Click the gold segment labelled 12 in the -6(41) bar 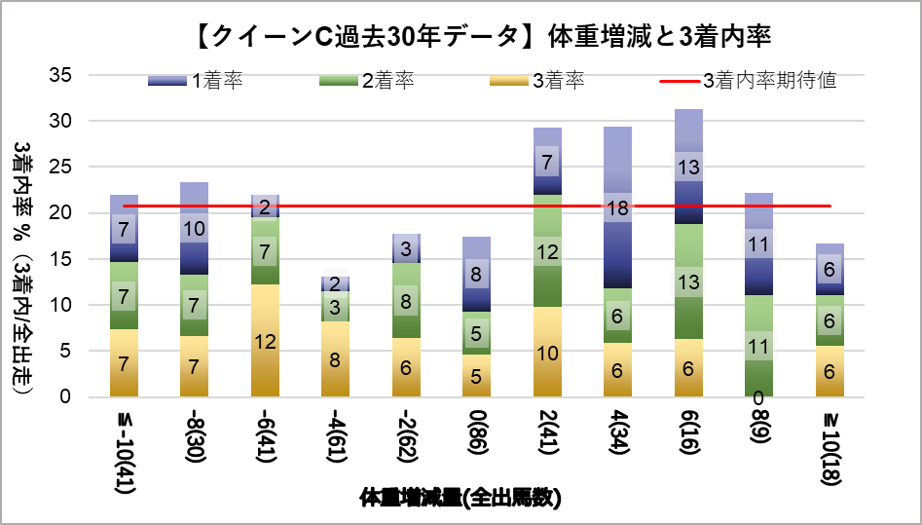[266, 341]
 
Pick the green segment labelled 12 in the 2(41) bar [547, 251]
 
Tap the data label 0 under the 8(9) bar [757, 398]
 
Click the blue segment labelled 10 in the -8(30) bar [195, 229]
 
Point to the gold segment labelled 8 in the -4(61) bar [336, 359]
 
